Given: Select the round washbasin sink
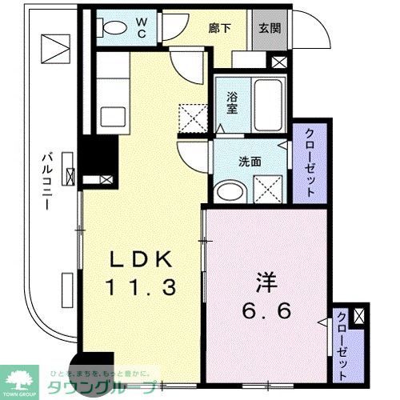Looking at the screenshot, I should (x=231, y=191).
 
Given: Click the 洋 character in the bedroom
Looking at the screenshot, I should (x=265, y=285).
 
